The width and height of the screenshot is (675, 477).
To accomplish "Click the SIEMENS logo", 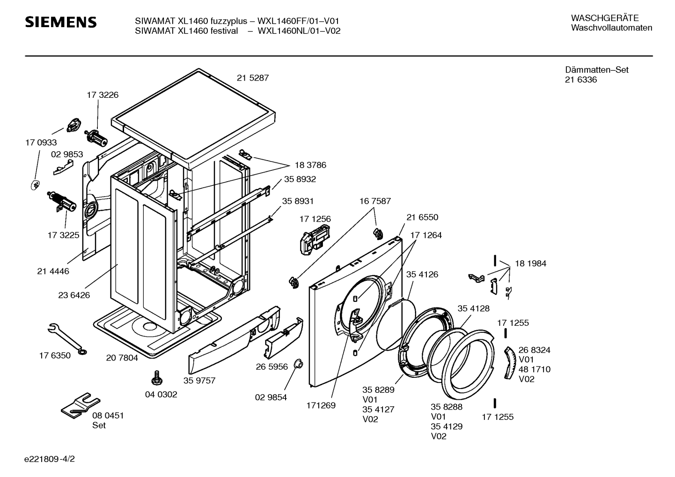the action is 61,22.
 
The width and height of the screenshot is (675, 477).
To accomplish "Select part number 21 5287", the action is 252,78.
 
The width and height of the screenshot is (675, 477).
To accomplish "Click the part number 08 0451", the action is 108,416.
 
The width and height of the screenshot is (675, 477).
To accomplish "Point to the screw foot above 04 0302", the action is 157,378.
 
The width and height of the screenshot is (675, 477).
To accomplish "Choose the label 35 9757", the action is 199,381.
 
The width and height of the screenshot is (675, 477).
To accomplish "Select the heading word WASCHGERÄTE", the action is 605,18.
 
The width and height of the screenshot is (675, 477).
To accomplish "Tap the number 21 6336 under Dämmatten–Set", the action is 581,80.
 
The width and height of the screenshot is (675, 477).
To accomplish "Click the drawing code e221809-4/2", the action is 50,459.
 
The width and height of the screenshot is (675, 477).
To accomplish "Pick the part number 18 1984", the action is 530,264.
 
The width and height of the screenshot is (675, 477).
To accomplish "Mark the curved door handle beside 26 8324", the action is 510,363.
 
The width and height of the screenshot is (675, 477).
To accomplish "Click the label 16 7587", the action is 375,201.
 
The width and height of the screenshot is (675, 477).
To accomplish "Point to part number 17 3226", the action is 103,95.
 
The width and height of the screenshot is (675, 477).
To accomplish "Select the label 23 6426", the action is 74,295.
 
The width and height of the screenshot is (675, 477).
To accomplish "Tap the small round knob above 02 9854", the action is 298,364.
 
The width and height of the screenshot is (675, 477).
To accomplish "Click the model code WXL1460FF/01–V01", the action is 298,21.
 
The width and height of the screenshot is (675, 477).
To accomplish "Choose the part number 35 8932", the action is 300,179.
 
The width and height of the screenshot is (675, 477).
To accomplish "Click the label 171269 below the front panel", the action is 321,405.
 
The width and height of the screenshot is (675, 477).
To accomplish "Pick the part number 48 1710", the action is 534,369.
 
